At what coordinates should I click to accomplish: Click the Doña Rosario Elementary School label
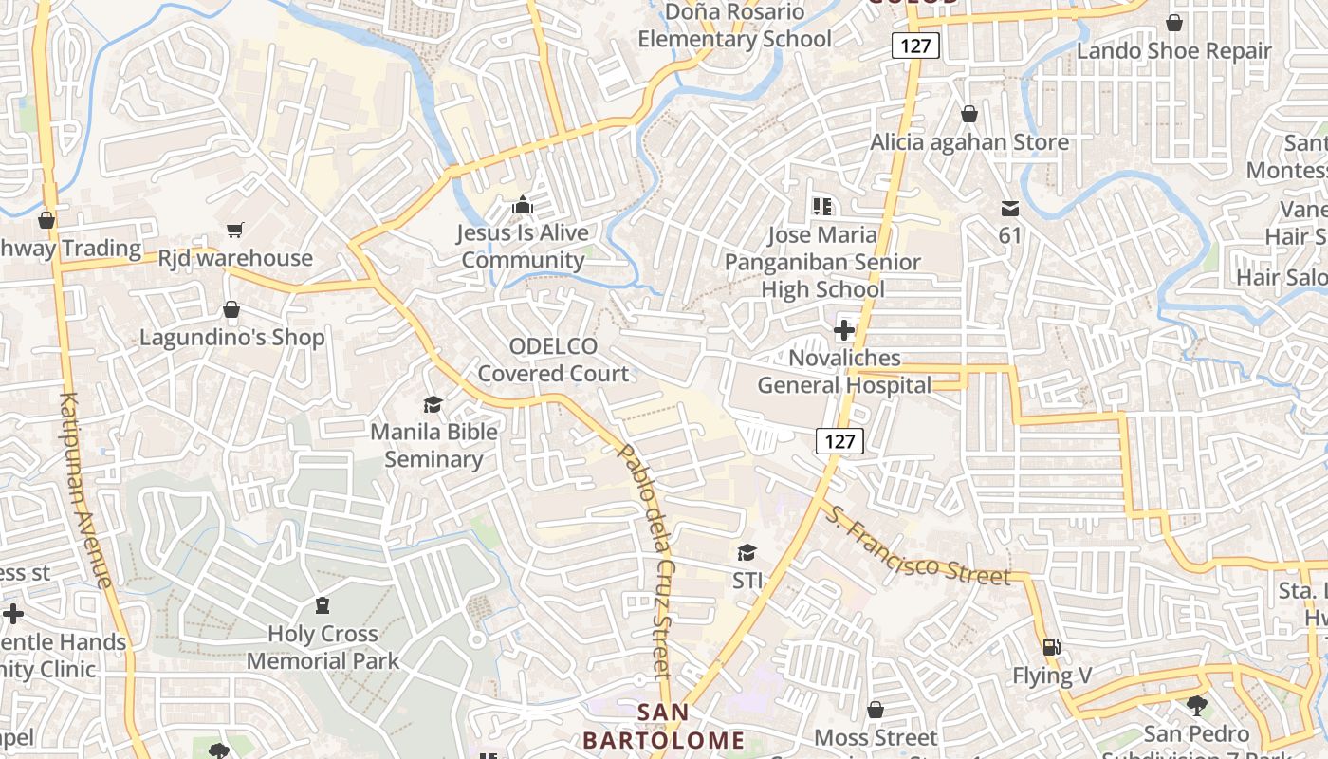click(x=734, y=26)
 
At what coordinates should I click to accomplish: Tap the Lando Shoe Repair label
click(x=1173, y=51)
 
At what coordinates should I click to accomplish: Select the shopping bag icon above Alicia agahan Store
click(x=969, y=115)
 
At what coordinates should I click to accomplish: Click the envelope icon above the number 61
click(x=1009, y=208)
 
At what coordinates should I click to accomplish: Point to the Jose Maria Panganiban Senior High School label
click(x=822, y=262)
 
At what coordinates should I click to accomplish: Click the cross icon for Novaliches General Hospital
click(x=843, y=330)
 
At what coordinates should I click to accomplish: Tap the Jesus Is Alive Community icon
click(x=522, y=205)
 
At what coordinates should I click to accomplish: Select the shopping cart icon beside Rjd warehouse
click(x=234, y=230)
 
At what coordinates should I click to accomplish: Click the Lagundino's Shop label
click(x=231, y=338)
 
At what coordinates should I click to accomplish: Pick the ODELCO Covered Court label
click(x=553, y=360)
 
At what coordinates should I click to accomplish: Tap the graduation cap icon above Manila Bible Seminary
click(x=433, y=405)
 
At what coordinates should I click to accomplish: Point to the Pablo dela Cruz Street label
click(x=645, y=560)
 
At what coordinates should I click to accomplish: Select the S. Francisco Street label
click(x=916, y=546)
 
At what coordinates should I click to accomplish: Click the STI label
click(x=747, y=580)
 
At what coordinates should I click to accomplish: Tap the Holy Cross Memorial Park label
click(x=323, y=647)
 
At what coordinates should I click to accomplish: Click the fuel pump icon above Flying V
click(x=1051, y=647)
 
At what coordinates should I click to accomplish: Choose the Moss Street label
click(x=876, y=737)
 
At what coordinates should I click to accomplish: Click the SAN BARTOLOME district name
click(x=663, y=727)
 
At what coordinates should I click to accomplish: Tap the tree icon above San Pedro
click(x=1197, y=705)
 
